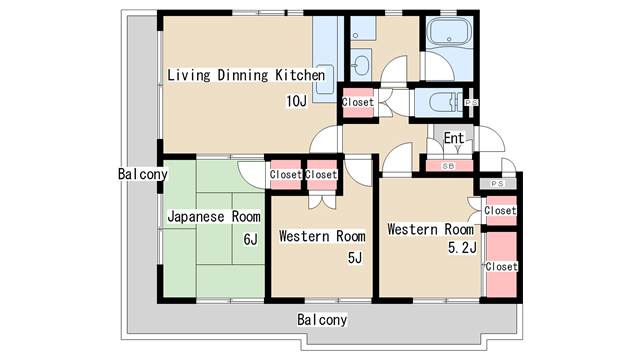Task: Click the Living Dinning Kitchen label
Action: tap(246, 75)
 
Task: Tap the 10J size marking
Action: tap(296, 101)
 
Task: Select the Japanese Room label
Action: tap(213, 216)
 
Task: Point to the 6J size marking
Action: tap(250, 239)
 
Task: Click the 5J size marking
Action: tap(354, 259)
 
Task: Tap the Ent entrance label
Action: tap(454, 138)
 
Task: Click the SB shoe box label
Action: tap(448, 165)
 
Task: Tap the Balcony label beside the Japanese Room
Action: tap(143, 174)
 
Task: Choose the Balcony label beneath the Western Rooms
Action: tap(322, 320)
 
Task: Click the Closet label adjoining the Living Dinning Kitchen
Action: tap(357, 102)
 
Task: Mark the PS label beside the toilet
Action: tap(472, 102)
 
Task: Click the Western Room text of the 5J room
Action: tap(321, 236)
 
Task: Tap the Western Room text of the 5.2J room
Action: tap(430, 229)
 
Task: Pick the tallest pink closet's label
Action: tap(501, 267)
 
